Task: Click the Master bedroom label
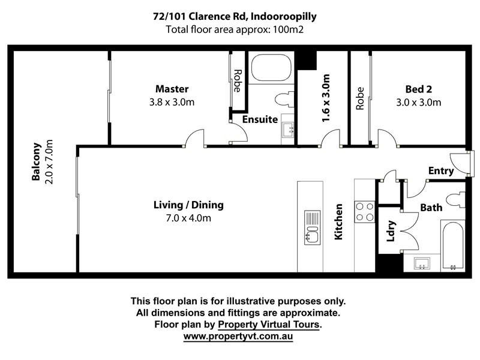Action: (172, 89)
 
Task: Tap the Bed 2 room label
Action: (418, 89)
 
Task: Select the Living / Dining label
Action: (188, 205)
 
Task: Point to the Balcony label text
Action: (36, 161)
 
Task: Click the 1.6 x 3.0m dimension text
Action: (326, 98)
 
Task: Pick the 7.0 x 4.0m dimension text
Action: (188, 218)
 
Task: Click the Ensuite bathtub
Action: (271, 68)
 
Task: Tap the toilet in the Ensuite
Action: (284, 99)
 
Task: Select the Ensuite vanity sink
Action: (289, 130)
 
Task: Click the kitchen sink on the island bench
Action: (312, 227)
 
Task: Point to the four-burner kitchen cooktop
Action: (365, 212)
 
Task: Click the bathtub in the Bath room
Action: (453, 246)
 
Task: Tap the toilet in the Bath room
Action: (455, 200)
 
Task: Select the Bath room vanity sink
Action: (422, 263)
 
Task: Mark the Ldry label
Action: (391, 231)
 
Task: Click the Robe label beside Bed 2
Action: (360, 98)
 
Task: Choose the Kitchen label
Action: (338, 221)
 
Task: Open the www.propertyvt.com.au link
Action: (238, 336)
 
